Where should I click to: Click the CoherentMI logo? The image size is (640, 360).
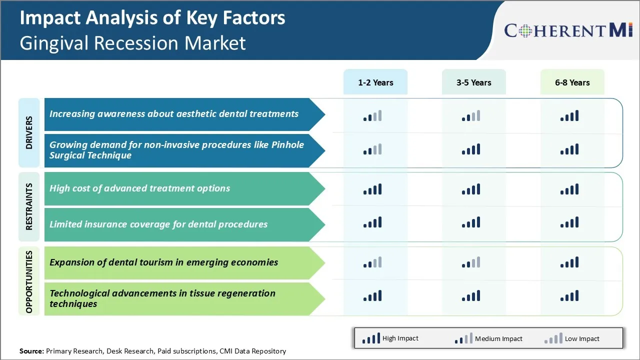tap(568, 30)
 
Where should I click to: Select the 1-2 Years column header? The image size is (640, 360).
tap(375, 82)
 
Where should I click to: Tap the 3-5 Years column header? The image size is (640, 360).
tap(473, 82)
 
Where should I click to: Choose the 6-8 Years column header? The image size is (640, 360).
tap(572, 82)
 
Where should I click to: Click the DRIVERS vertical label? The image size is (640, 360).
tap(29, 132)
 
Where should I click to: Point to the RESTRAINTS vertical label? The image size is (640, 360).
tap(29, 206)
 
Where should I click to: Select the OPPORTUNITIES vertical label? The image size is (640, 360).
tap(29, 281)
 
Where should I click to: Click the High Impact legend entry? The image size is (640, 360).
tap(390, 338)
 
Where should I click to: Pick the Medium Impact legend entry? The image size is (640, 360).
tap(488, 338)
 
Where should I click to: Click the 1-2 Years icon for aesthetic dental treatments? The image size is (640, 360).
tap(372, 116)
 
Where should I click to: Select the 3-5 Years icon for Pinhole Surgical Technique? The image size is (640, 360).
tap(471, 149)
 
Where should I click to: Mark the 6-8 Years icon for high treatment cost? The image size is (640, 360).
tap(569, 189)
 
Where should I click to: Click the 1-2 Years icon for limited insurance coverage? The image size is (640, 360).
tap(372, 222)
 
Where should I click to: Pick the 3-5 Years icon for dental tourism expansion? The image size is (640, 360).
tap(471, 262)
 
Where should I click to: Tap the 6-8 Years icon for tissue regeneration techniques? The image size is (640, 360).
tap(569, 295)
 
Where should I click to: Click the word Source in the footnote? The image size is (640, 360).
tap(31, 351)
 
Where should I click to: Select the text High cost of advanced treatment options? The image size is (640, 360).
tap(139, 188)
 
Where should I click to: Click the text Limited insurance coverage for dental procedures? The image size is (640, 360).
tap(158, 224)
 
